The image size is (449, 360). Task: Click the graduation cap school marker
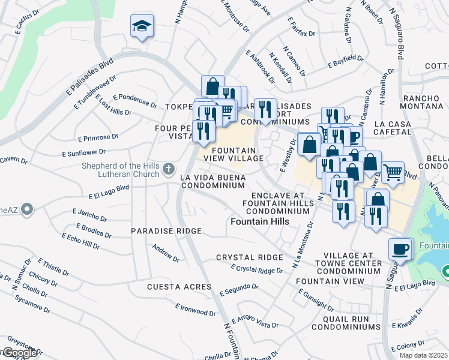142,26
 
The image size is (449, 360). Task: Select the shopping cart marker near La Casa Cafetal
393,172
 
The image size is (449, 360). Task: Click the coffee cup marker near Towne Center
400,248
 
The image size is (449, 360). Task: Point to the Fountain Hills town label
260,221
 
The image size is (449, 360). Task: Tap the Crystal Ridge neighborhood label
249,257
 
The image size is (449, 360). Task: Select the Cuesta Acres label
179,287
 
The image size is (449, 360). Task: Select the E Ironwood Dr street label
196,310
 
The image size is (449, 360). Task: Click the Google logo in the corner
19,352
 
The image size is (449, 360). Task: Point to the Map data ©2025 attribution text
423,355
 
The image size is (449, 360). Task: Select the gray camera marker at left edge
26,209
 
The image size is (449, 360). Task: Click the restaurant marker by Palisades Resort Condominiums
265,110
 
